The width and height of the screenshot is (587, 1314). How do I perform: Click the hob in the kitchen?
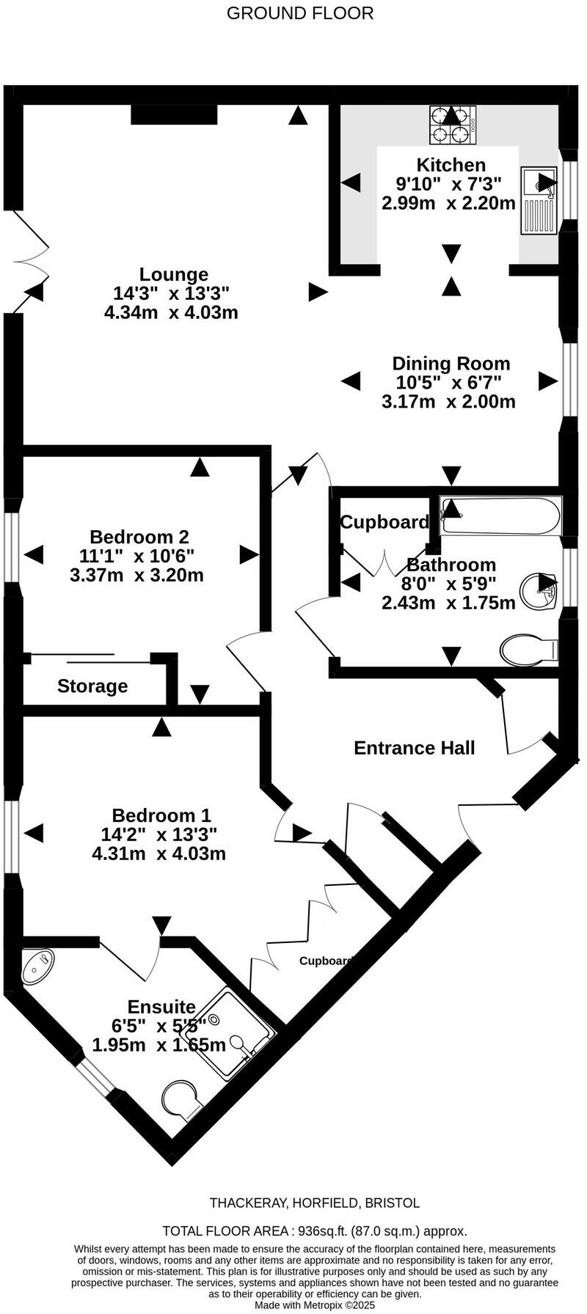453,125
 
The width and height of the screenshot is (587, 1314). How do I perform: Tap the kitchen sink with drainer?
539,200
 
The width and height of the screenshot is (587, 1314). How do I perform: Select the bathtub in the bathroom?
500,517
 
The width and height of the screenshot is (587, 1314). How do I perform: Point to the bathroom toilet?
529,649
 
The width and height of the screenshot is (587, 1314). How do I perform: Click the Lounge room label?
174,275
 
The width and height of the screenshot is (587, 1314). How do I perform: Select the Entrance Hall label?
414,748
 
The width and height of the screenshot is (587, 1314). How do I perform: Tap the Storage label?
92,686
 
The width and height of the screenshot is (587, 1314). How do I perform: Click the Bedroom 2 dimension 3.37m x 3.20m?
136,576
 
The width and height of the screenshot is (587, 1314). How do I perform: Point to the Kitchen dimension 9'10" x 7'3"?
448,184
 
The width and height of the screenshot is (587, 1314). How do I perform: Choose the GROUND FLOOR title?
300,13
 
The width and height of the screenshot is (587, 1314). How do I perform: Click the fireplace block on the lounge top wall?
175,115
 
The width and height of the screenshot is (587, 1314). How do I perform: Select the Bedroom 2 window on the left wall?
12,541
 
